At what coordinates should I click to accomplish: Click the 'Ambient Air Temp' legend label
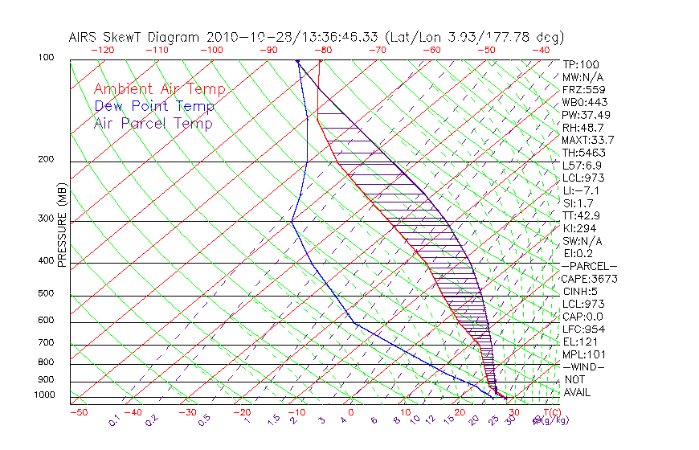tap(159, 89)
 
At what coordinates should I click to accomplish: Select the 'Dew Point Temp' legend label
tap(154, 106)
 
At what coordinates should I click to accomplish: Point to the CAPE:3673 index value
tap(587, 279)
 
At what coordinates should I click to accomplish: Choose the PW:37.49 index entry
tap(584, 115)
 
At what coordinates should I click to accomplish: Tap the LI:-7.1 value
tap(580, 190)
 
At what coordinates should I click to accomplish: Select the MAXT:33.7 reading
tap(587, 140)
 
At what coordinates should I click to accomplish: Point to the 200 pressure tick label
tap(47, 160)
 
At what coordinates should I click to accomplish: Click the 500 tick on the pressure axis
tap(47, 294)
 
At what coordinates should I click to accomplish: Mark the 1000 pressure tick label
tap(44, 395)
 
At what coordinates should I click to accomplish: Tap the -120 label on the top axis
tap(102, 49)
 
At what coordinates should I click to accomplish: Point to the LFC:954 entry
tap(582, 329)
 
